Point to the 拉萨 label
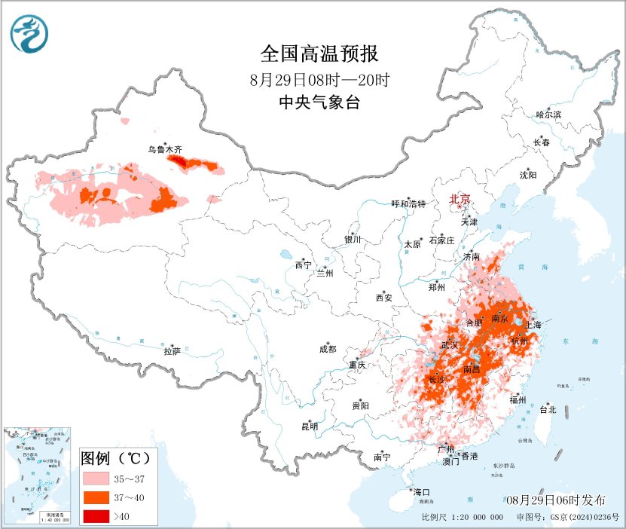pyautogui.click(x=173, y=351)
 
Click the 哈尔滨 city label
pyautogui.click(x=548, y=115)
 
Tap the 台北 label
pyautogui.click(x=547, y=410)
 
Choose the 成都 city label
pyautogui.click(x=328, y=349)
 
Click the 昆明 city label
pyautogui.click(x=310, y=427)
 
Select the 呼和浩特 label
pyautogui.click(x=408, y=204)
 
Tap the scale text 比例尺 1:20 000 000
pyautogui.click(x=463, y=518)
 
